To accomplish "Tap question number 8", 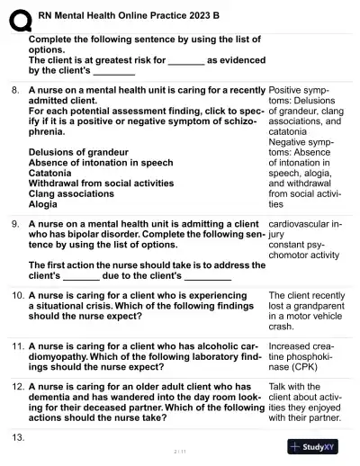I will click(x=15, y=92).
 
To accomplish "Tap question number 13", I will click(x=17, y=435).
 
